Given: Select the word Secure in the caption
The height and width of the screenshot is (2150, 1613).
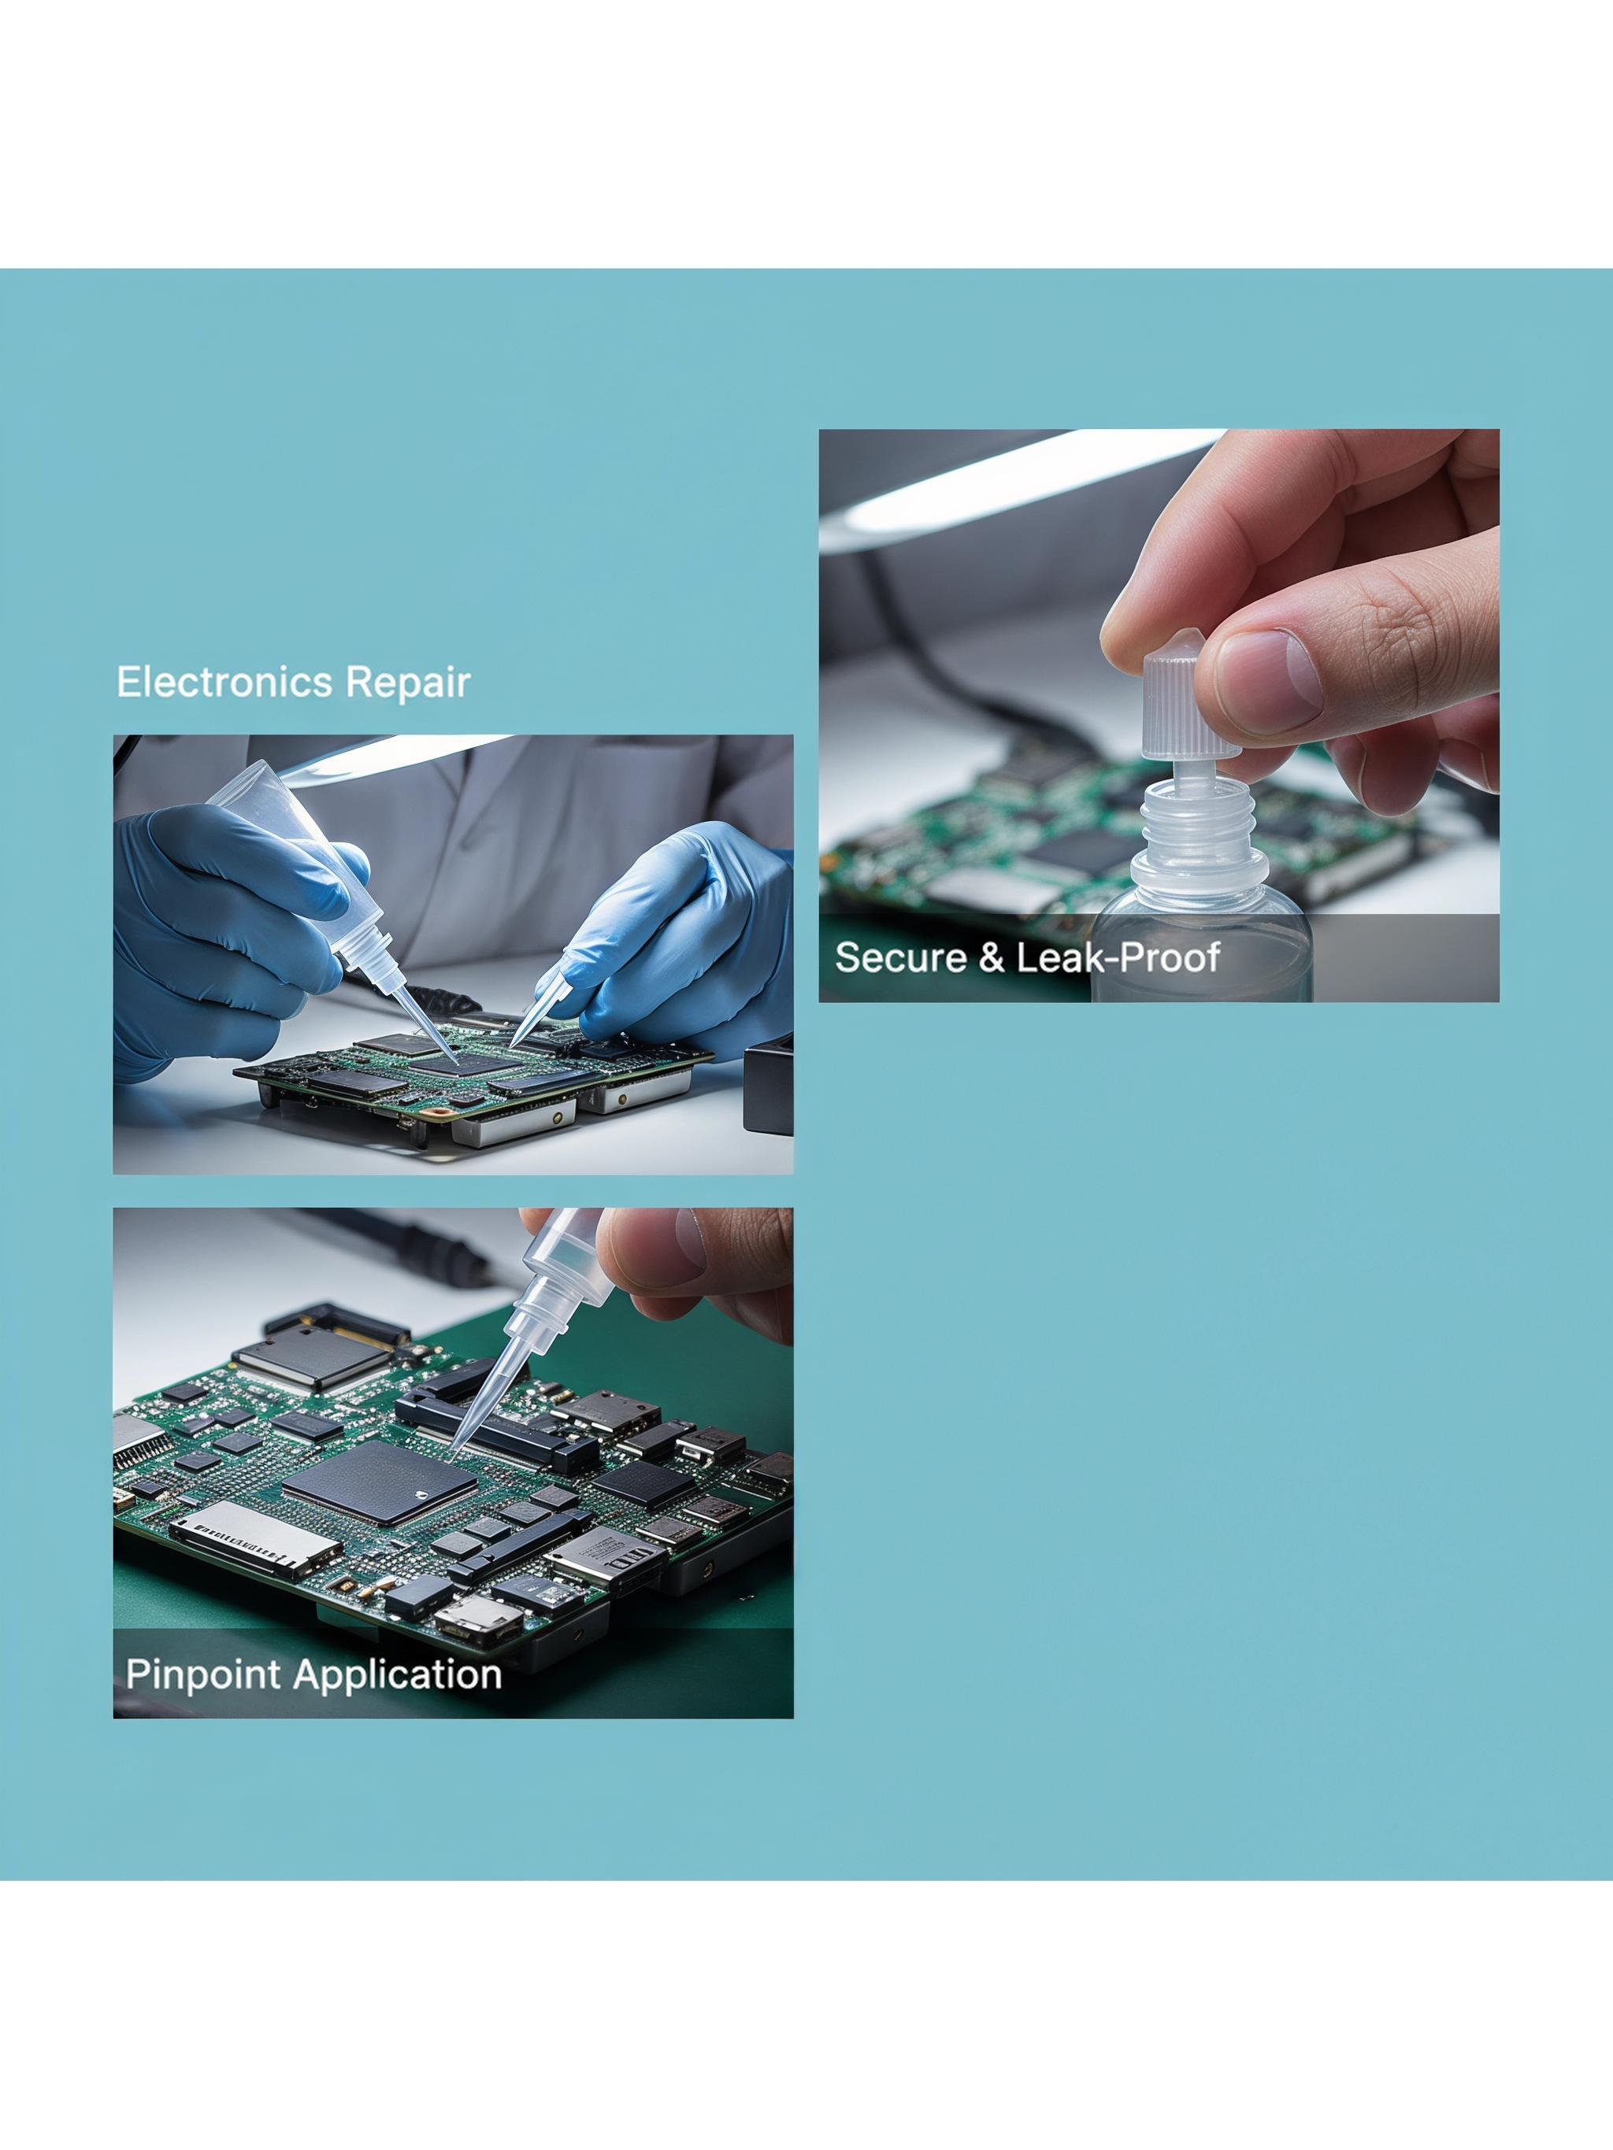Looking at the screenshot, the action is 900,957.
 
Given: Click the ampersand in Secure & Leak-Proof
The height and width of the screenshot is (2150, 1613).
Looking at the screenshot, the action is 991,957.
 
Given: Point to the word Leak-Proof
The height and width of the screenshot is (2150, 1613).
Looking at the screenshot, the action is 1118,957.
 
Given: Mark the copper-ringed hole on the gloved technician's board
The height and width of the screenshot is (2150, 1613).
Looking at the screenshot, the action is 439,1110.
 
